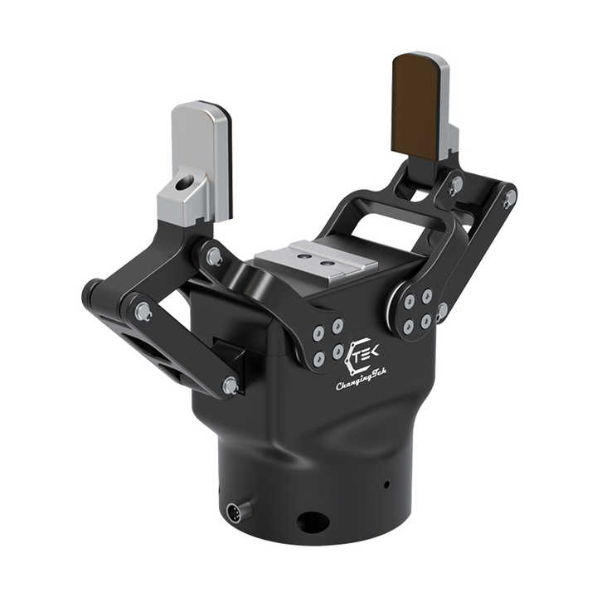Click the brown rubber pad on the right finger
click(x=415, y=107)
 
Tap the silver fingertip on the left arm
click(x=195, y=163)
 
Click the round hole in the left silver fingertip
click(x=182, y=184)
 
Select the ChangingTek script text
click(x=362, y=380)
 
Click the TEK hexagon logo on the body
click(x=361, y=355)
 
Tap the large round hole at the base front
click(x=313, y=522)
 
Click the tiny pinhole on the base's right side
click(x=387, y=485)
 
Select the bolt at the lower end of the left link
click(x=231, y=386)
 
